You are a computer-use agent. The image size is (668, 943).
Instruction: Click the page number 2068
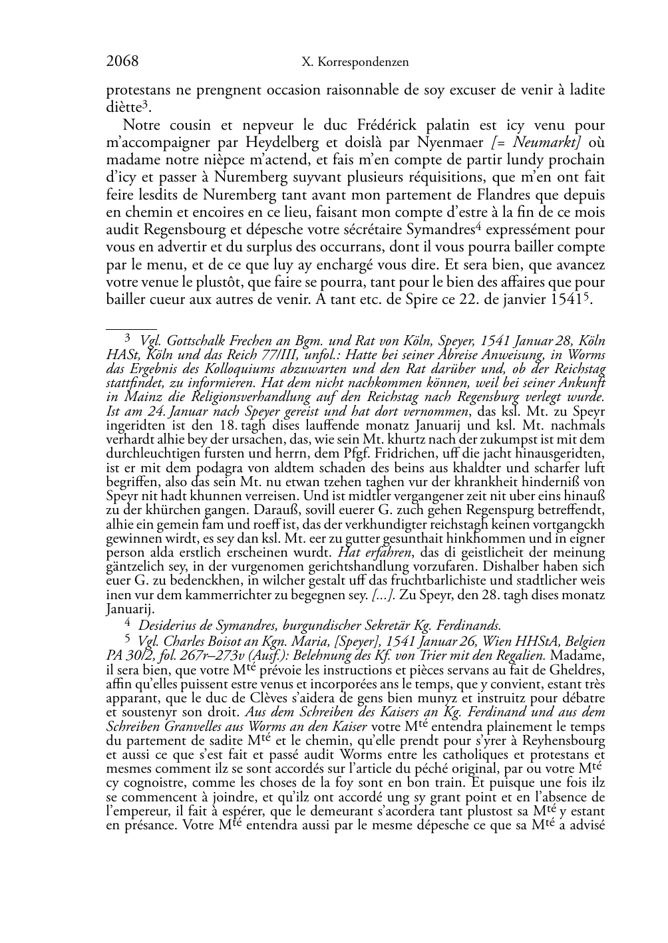[122, 62]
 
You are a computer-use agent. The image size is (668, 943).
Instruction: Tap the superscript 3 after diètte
[144, 104]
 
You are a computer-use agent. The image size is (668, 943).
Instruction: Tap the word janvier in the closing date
[512, 299]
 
